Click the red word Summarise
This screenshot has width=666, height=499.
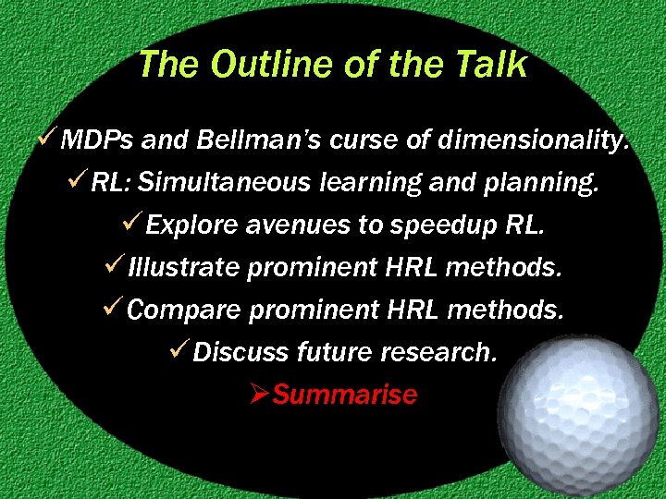[345, 395]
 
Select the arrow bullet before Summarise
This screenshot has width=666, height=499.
[258, 395]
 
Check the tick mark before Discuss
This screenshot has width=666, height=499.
[180, 351]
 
